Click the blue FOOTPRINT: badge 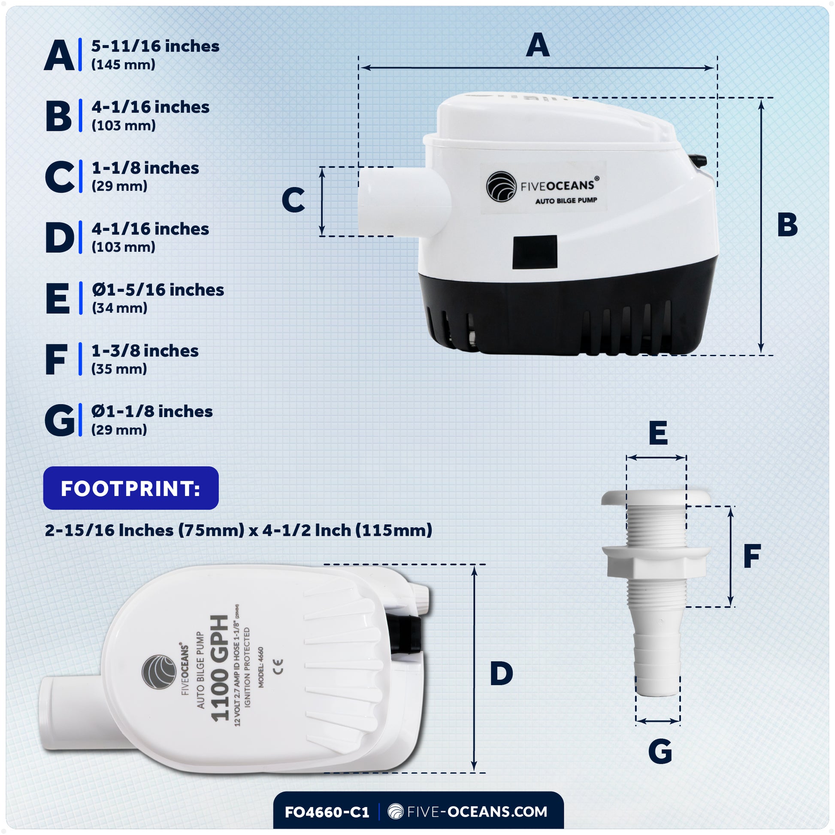coord(130,488)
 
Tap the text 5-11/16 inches coord(155,46)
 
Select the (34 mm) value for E coord(119,308)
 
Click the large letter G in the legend coord(60,421)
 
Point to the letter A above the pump coord(537,45)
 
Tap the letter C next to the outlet coord(293,200)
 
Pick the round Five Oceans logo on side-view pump coord(501,187)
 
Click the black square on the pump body coord(535,252)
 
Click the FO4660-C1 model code coord(327,812)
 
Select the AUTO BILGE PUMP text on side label coord(566,200)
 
